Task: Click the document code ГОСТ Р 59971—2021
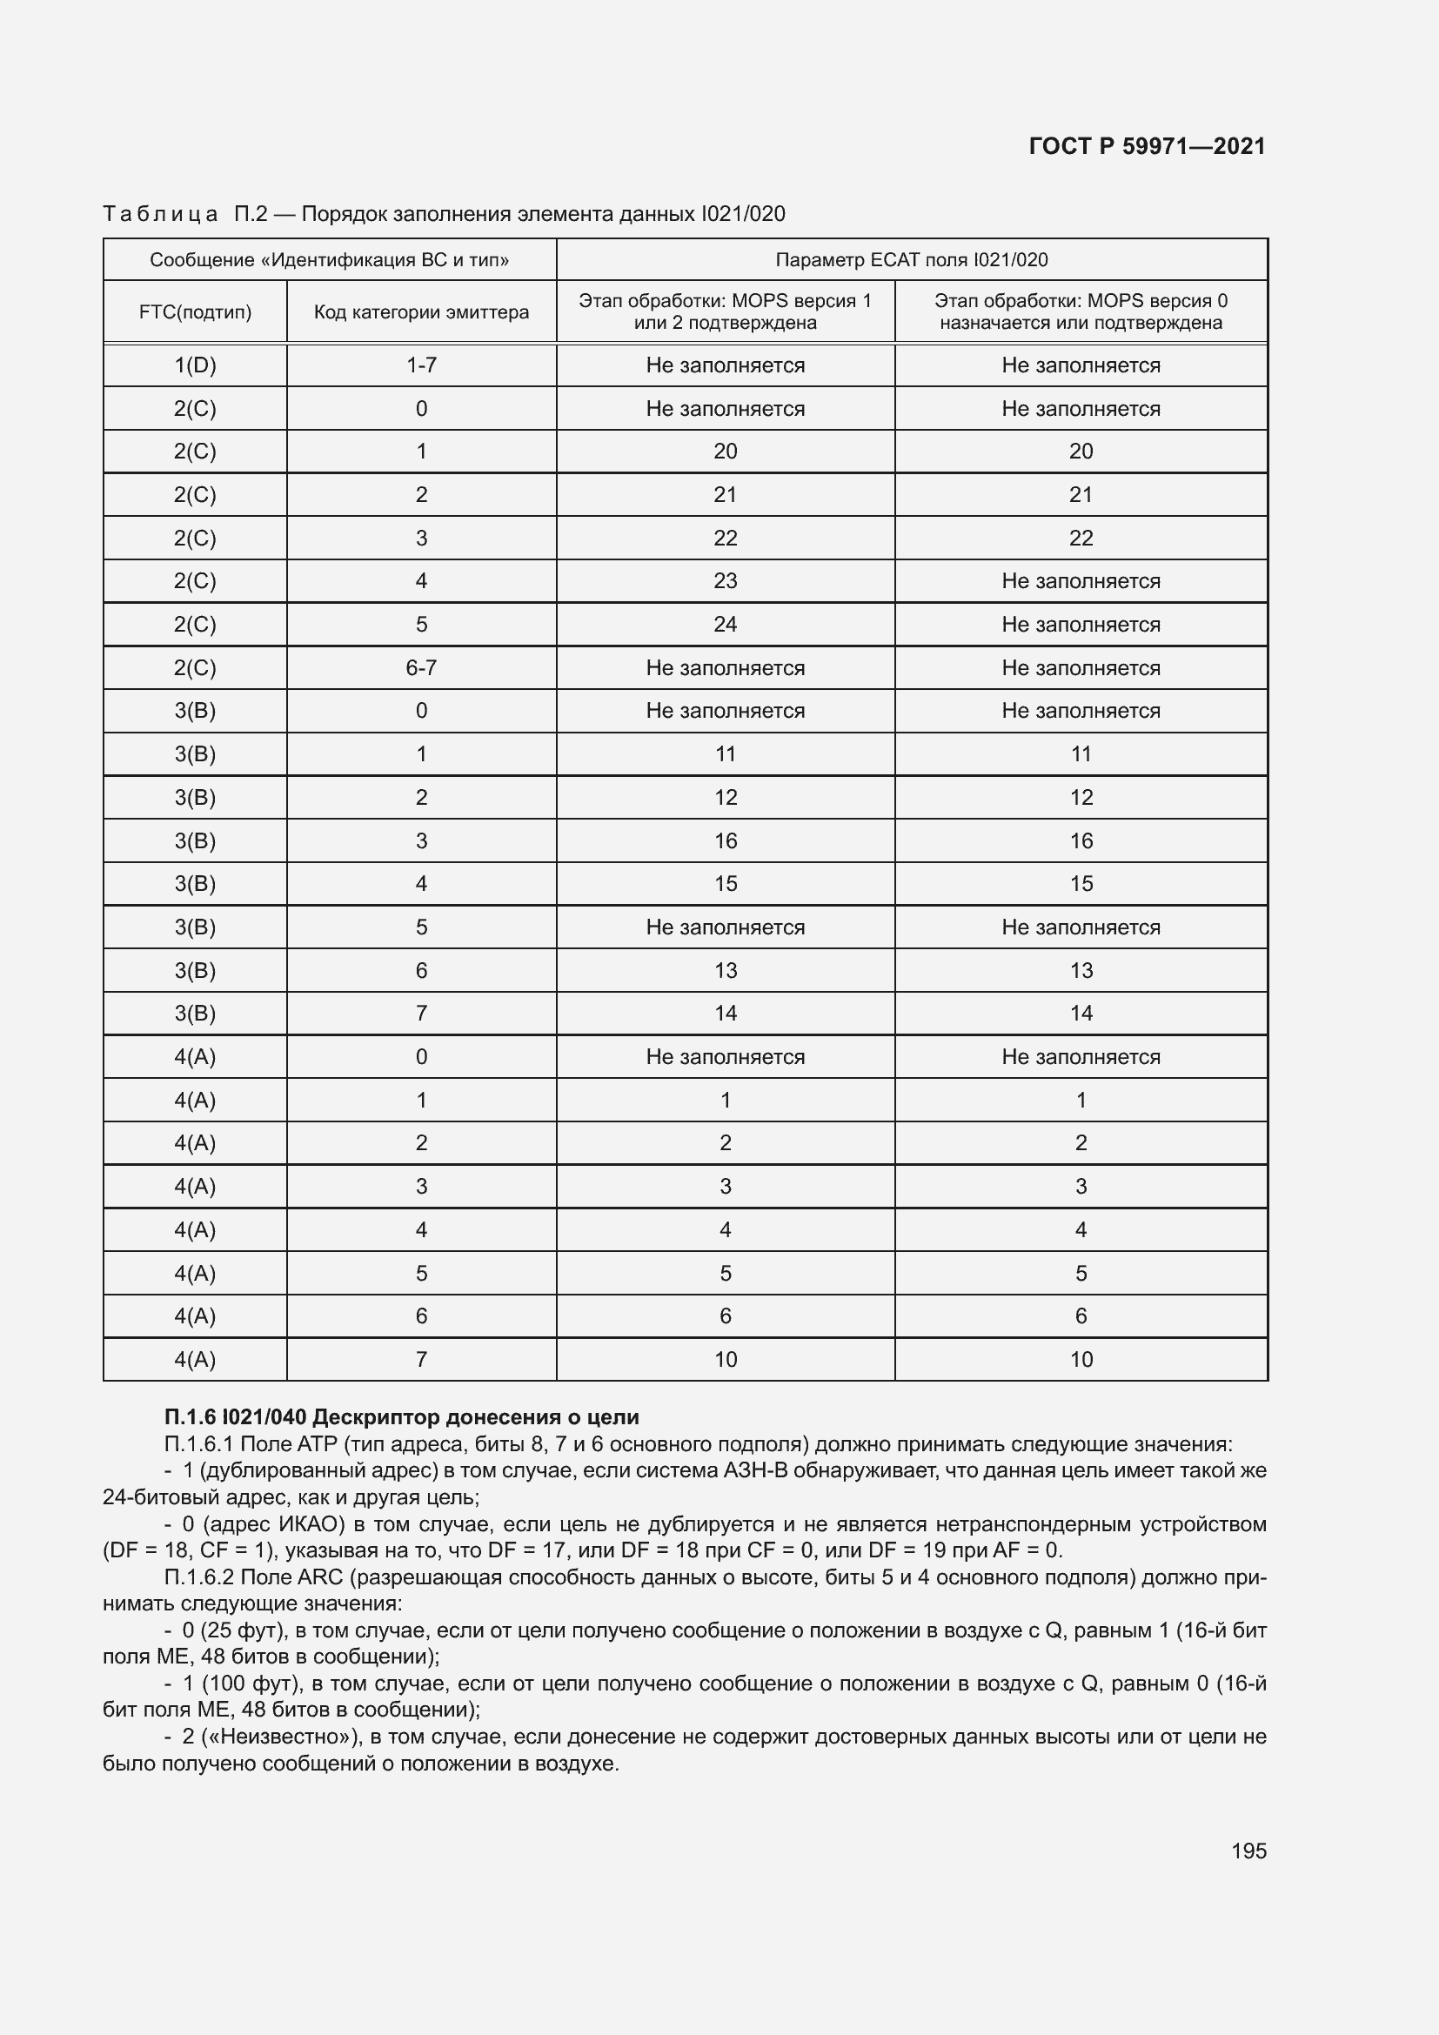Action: click(1147, 146)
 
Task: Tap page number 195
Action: click(1248, 1851)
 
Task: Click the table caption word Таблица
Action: click(160, 214)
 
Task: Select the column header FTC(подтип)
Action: click(195, 312)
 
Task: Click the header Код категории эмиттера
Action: click(421, 312)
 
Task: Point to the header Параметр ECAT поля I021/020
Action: click(911, 259)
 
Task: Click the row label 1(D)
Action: click(195, 365)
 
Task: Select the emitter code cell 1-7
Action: click(421, 365)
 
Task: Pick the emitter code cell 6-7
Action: click(421, 668)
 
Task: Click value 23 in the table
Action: click(725, 581)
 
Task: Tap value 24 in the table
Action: click(725, 625)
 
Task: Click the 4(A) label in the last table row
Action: click(195, 1360)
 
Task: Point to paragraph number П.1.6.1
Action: click(199, 1444)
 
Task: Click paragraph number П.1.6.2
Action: click(199, 1576)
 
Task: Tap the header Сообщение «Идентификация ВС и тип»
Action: click(329, 259)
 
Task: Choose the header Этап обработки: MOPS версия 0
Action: click(1081, 301)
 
